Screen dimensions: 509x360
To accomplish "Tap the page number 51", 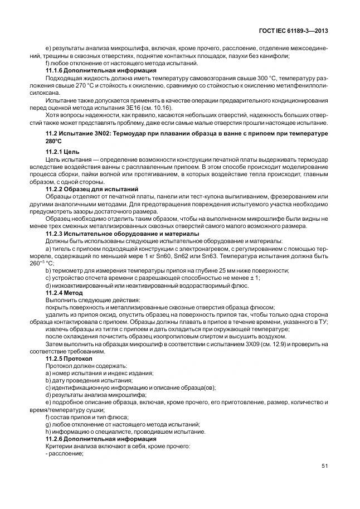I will click(323, 466).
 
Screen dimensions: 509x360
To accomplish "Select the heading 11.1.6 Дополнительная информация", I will click(100, 71).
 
